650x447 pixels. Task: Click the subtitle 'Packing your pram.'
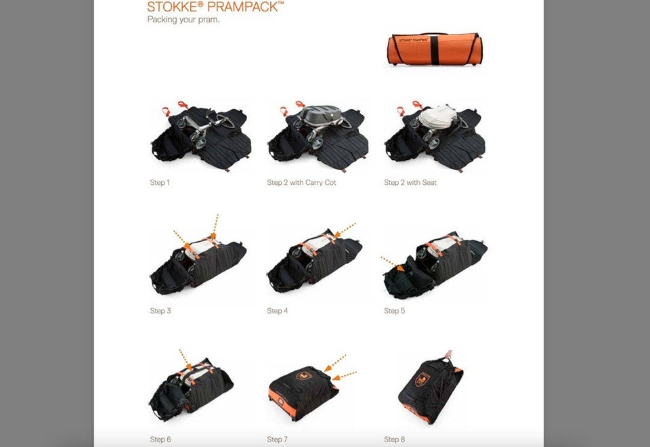183,20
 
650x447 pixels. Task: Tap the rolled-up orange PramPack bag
435,49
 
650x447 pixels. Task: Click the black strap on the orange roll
434,49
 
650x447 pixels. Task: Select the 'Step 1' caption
160,182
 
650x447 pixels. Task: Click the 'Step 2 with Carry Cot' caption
301,182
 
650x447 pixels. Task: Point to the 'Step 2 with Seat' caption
410,182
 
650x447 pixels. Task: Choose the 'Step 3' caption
160,311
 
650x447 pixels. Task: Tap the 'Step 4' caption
278,311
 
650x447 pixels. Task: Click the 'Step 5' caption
394,311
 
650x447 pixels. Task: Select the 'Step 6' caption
160,439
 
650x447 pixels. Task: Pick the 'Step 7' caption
278,439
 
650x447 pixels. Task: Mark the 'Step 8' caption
394,439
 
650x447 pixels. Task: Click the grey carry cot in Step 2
320,114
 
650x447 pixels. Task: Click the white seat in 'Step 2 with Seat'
437,115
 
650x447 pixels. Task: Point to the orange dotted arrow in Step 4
345,230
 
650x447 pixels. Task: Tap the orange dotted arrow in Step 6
186,360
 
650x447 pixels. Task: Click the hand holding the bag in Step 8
448,354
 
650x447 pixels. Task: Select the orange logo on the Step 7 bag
304,376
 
